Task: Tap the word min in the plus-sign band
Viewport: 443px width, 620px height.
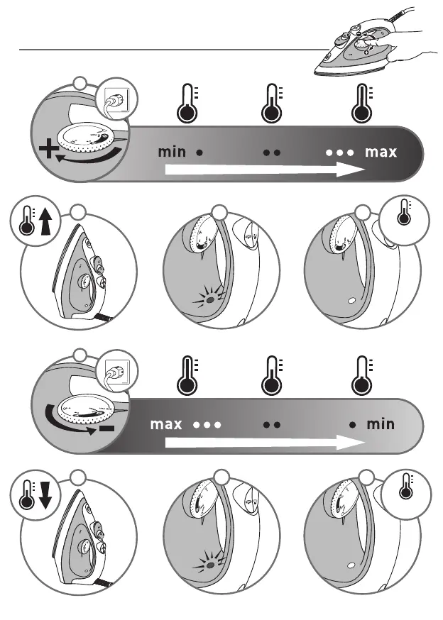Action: [172, 152]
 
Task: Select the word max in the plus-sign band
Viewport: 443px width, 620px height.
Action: [381, 152]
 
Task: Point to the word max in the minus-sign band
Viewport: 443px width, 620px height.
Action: [166, 425]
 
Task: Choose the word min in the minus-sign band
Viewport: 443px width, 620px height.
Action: [381, 425]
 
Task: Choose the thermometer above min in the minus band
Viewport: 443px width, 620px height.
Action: [362, 376]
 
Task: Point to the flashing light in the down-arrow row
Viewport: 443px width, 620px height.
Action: [211, 566]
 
